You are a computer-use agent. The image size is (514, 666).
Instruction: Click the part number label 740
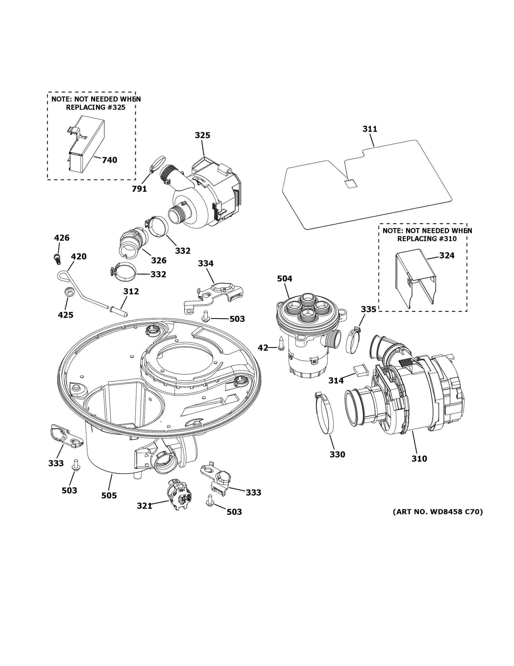pos(109,160)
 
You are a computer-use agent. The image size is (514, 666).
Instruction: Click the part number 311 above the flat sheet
pos(370,129)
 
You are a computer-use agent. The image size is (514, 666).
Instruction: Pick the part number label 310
pos(419,467)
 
